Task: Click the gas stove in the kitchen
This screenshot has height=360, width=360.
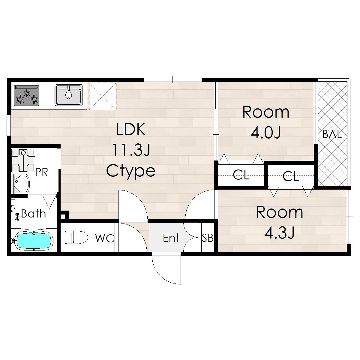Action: (26, 95)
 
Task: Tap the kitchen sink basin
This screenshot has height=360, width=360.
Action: (69, 95)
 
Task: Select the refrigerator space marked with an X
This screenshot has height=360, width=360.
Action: (103, 96)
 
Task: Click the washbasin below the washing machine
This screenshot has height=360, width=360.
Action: (22, 184)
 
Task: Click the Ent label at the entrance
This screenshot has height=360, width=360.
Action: (171, 238)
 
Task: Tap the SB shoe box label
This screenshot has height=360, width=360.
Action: (207, 238)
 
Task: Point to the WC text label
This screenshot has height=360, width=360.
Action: (105, 238)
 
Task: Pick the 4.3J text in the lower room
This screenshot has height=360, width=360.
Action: (280, 232)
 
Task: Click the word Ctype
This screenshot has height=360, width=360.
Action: (131, 171)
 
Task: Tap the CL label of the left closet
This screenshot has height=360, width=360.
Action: (241, 175)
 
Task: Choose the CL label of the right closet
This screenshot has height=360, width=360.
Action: (291, 176)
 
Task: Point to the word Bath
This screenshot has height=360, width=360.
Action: (33, 213)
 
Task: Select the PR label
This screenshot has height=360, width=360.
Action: (42, 172)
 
